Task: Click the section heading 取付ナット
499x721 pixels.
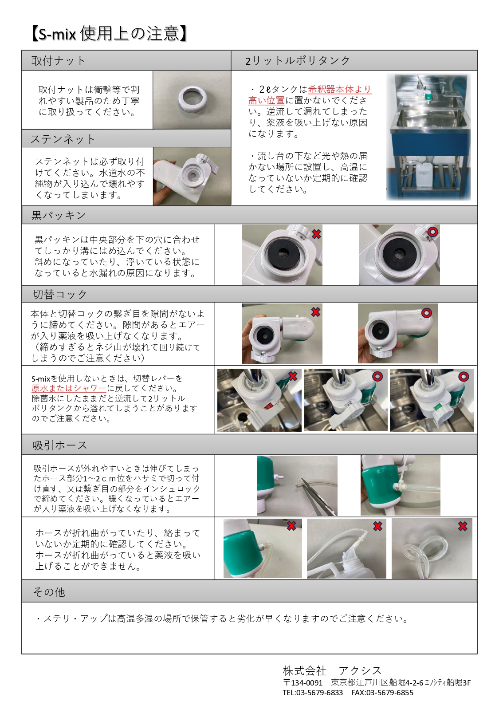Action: pos(58,60)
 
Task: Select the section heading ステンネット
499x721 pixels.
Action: pos(63,139)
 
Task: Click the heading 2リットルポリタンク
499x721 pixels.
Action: pos(297,60)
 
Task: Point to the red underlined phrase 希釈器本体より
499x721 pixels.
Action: pos(340,89)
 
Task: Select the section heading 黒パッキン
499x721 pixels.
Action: pos(59,215)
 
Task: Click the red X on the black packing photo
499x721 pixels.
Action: pos(317,234)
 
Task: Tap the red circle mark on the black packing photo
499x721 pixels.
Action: pos(433,232)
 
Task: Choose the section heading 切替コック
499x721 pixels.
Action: pos(59,294)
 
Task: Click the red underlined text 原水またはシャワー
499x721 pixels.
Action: pos(69,388)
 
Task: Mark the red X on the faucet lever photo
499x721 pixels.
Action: pos(293,376)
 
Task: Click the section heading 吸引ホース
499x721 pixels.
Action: pos(60,445)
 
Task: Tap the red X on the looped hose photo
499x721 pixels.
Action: pos(463,526)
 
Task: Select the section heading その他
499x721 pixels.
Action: pos(49,592)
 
